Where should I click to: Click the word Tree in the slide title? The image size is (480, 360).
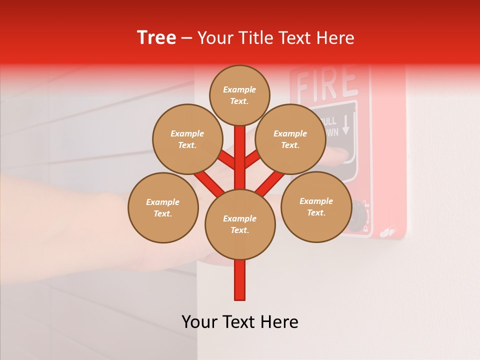point(156,37)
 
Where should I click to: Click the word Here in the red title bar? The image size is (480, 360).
point(335,38)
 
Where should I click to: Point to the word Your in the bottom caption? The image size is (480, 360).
point(199,322)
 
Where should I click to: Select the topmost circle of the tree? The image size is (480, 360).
point(239,95)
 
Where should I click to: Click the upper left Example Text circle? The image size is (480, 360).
point(187,139)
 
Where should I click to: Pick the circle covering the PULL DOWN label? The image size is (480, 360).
point(290,139)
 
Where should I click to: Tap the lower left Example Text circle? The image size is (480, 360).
point(163,207)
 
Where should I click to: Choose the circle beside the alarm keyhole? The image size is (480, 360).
point(316,206)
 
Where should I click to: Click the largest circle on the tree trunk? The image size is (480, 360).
point(240,224)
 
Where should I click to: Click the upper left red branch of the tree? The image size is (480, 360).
point(226,160)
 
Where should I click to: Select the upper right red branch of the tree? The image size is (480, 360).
point(253,159)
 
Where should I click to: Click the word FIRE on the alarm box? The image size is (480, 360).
point(327,83)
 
